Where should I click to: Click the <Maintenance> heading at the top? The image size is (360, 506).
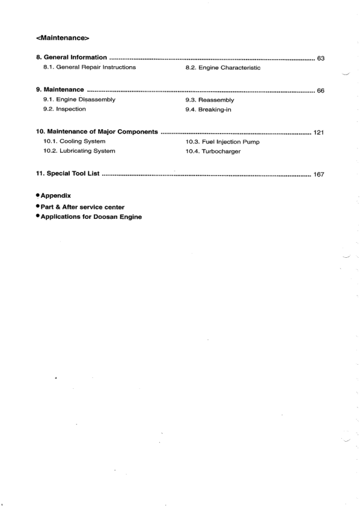click(63, 39)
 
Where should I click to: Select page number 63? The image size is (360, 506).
click(320, 58)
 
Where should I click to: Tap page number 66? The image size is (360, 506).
click(320, 91)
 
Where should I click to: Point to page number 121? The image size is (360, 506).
click(319, 132)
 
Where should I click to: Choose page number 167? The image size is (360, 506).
click(319, 175)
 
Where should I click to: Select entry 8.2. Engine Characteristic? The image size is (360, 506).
click(223, 68)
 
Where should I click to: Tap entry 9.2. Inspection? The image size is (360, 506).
click(64, 109)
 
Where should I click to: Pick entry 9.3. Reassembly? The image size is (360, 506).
click(210, 100)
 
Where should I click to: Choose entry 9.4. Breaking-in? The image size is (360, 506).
click(209, 109)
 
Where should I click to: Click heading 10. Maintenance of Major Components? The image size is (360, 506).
click(97, 131)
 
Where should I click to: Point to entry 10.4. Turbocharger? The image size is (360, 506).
click(213, 151)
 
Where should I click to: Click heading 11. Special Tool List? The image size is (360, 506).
click(68, 174)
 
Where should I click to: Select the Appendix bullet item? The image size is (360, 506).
click(56, 196)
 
